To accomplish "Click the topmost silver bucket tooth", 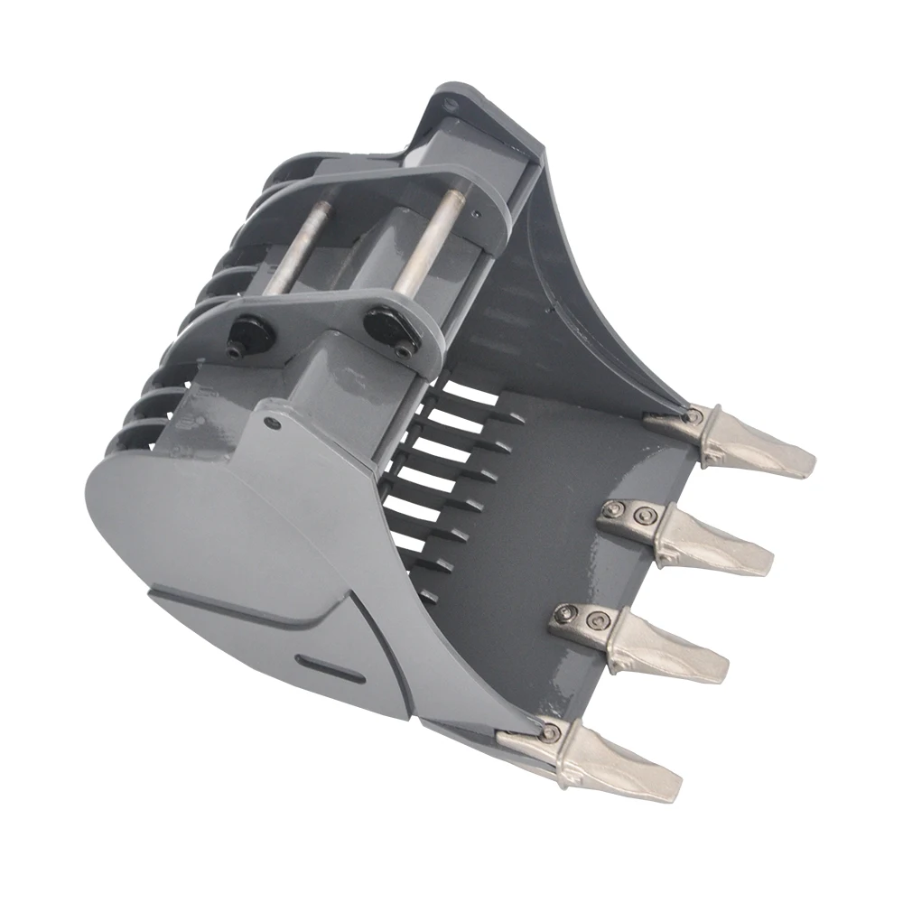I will (x=754, y=442).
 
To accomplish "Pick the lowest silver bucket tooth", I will (x=623, y=765).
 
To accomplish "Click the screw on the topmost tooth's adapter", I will (x=693, y=416).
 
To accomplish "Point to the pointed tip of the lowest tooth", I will (x=675, y=795).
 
